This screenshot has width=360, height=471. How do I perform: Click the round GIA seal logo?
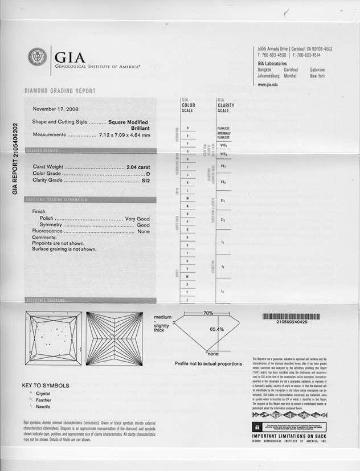(38, 57)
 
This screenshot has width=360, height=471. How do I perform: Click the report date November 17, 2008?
(56, 108)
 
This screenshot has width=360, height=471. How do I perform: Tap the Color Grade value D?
(148, 173)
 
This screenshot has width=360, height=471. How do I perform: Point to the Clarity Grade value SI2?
(145, 181)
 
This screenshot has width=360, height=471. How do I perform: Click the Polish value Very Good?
(137, 219)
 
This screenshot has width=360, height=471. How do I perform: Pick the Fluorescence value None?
(143, 232)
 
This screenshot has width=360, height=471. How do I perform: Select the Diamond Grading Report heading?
(60, 91)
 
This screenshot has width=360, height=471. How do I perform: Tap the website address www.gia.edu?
(268, 84)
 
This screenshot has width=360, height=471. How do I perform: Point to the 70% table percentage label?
(208, 313)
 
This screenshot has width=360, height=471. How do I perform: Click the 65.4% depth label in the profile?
(216, 329)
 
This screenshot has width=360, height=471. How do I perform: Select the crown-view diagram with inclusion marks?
(53, 338)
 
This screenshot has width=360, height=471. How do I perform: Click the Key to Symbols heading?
(46, 386)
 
